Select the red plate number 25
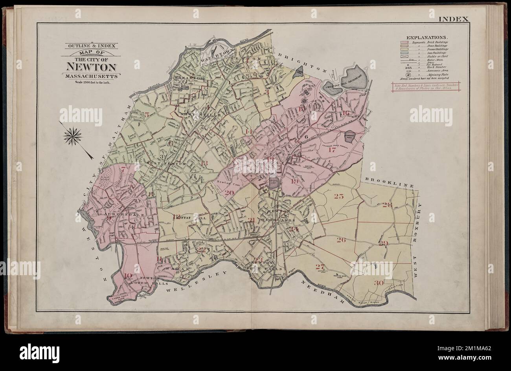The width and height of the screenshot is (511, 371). pyautogui.click(x=338, y=196)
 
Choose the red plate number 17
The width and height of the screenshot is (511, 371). pyautogui.click(x=332, y=150)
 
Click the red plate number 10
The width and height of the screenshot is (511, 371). pyautogui.click(x=128, y=275)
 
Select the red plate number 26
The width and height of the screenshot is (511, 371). pyautogui.click(x=341, y=240)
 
